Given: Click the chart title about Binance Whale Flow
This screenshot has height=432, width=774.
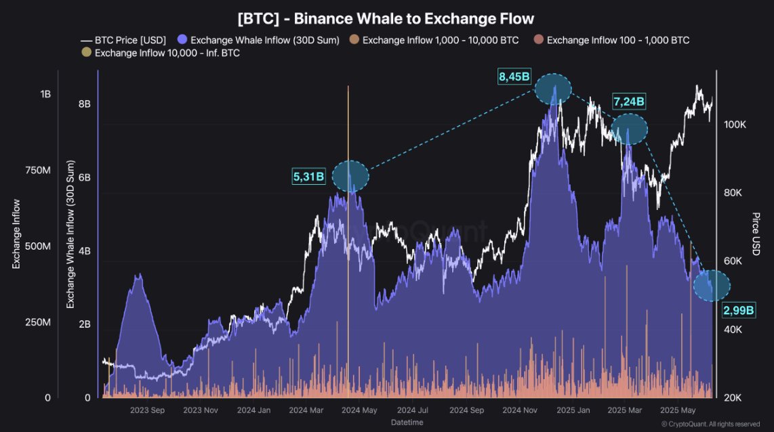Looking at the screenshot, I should (x=386, y=18).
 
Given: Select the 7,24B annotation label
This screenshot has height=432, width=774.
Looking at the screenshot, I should (x=629, y=102).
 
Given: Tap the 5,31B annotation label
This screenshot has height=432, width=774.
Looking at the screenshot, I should (x=309, y=177).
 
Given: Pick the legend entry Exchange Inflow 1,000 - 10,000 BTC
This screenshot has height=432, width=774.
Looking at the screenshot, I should (x=434, y=40).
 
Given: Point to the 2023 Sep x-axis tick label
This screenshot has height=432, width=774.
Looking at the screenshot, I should (x=147, y=410).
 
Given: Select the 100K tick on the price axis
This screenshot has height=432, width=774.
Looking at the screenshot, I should (x=735, y=125).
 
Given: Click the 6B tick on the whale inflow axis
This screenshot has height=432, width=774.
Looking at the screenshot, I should (x=84, y=177).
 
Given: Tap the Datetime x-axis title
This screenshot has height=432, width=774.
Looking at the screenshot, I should (x=407, y=423).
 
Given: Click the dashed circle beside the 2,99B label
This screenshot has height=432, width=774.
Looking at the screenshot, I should (x=712, y=286).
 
